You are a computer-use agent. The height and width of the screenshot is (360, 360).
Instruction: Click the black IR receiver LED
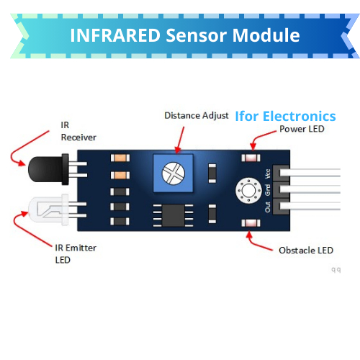pyautogui.click(x=49, y=169)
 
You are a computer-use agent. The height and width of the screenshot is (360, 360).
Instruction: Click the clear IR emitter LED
pyautogui.click(x=49, y=210)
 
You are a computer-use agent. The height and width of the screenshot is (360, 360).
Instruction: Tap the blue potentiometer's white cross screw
pyautogui.click(x=174, y=174)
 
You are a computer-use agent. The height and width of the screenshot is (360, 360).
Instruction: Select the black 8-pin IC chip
pyautogui.click(x=174, y=215)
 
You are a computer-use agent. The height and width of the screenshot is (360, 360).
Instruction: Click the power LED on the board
pyautogui.click(x=251, y=158)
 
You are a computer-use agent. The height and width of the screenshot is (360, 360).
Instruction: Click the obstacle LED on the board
pyautogui.click(x=251, y=223)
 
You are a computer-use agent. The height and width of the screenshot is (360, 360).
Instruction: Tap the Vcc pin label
pyautogui.click(x=268, y=174)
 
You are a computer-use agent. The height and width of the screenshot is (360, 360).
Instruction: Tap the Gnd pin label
pyautogui.click(x=268, y=190)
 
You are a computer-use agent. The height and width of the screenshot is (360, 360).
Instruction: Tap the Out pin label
pyautogui.click(x=268, y=207)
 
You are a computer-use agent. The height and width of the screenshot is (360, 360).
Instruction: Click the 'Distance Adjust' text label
pyautogui.click(x=197, y=116)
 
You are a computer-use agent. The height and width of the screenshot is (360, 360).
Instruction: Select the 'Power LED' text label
pyautogui.click(x=302, y=129)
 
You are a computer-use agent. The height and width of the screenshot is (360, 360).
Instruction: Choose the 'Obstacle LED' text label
pyautogui.click(x=306, y=251)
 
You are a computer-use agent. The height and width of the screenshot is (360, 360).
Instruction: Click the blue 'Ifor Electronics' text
pyautogui.click(x=285, y=117)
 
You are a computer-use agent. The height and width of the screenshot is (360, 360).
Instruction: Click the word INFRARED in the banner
pyautogui.click(x=115, y=35)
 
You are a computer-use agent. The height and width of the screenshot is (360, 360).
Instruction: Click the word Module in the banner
pyautogui.click(x=266, y=35)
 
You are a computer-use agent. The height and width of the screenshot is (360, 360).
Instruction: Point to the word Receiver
pyautogui.click(x=78, y=138)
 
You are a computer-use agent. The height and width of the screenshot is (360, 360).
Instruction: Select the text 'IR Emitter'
pyautogui.click(x=76, y=248)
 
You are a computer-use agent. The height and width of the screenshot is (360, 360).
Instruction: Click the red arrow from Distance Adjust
pyautogui.click(x=181, y=140)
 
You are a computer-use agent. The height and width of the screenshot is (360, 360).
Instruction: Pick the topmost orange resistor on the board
pyautogui.click(x=120, y=158)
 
